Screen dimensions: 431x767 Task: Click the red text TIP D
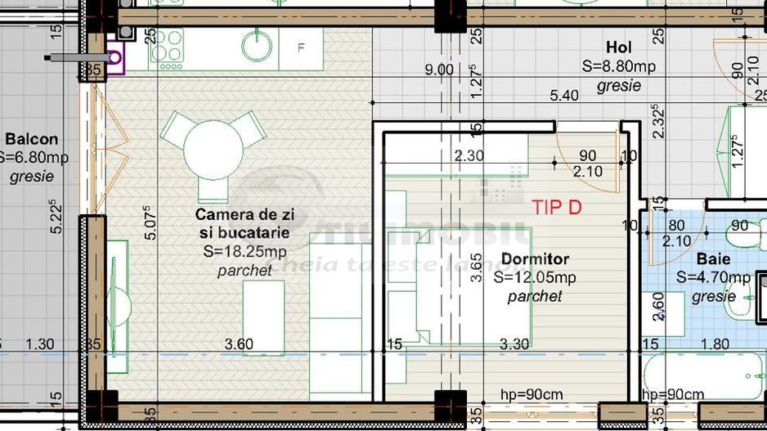(557, 207)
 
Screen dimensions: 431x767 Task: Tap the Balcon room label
(31, 139)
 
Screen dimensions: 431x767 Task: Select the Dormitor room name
(535, 259)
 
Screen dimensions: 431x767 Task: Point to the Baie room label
(713, 259)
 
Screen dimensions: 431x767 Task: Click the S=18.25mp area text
(244, 251)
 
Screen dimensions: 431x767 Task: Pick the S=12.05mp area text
(535, 277)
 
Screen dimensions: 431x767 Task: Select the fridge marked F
(301, 48)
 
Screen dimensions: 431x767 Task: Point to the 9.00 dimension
(438, 70)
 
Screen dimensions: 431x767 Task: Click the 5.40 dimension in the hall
(563, 96)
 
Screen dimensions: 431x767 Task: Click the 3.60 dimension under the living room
(239, 344)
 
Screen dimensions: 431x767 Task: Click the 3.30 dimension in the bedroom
(514, 344)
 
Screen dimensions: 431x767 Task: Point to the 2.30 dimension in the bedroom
(469, 155)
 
